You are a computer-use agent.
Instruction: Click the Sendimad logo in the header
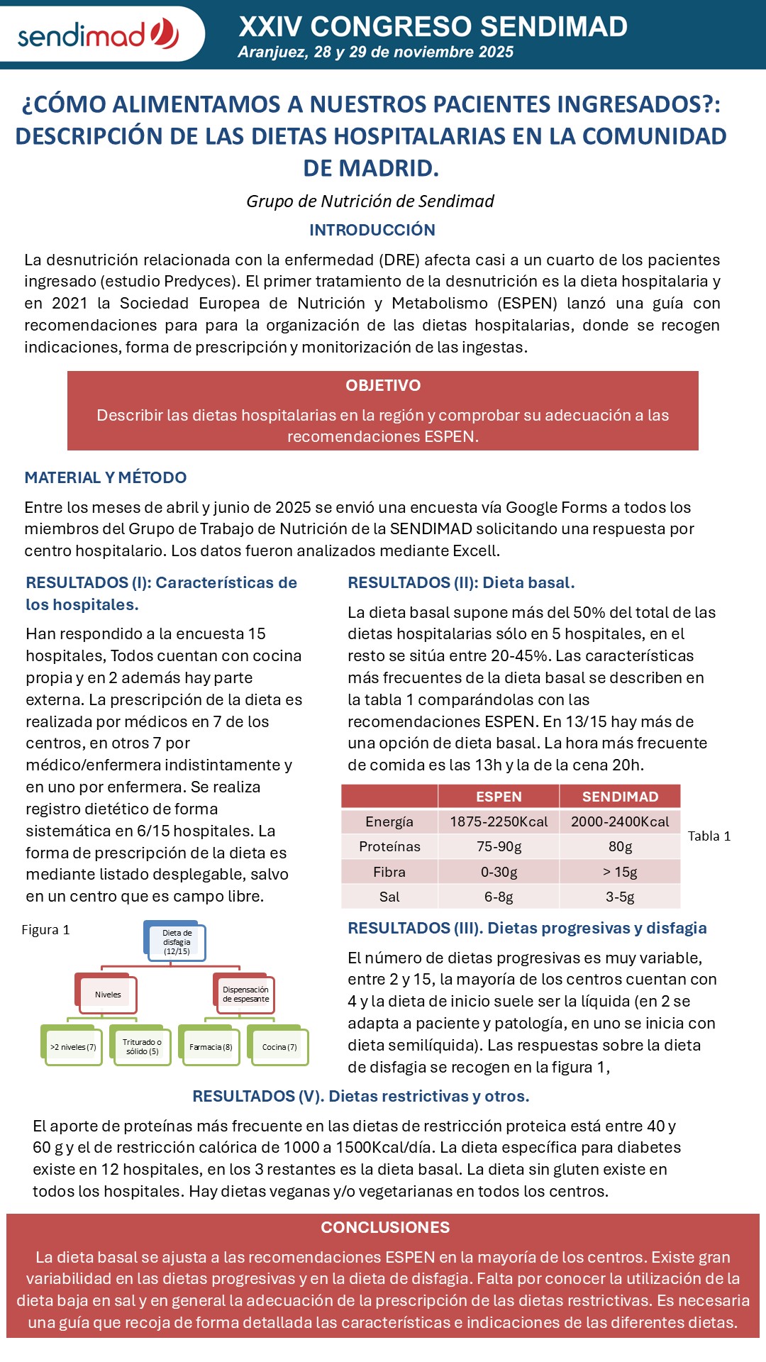tap(98, 34)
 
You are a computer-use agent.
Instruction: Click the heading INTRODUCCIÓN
tap(372, 230)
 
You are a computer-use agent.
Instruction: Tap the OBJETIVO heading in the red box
tap(383, 385)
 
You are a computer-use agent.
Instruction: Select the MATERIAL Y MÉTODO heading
tap(106, 477)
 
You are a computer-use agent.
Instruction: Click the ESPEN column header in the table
tap(499, 797)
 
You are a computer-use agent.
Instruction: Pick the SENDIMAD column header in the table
tap(620, 797)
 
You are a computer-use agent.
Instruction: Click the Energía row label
tap(389, 821)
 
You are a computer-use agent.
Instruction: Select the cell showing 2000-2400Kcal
tap(620, 821)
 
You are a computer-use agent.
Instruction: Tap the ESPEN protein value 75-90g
tap(499, 846)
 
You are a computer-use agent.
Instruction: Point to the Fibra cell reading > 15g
tap(620, 872)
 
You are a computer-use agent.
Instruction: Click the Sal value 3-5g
tap(620, 897)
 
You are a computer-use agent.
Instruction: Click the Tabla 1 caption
tap(709, 836)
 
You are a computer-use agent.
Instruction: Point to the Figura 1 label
tap(46, 930)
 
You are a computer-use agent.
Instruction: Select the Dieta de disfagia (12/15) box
tap(177, 942)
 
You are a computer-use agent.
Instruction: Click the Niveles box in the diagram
tap(108, 995)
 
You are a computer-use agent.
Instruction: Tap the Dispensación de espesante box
tap(245, 995)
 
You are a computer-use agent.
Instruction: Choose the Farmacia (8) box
tap(211, 1047)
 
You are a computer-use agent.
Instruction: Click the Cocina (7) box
tap(279, 1047)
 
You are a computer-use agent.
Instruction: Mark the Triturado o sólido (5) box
tap(142, 1047)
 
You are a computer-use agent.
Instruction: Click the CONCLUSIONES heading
tap(385, 1227)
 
